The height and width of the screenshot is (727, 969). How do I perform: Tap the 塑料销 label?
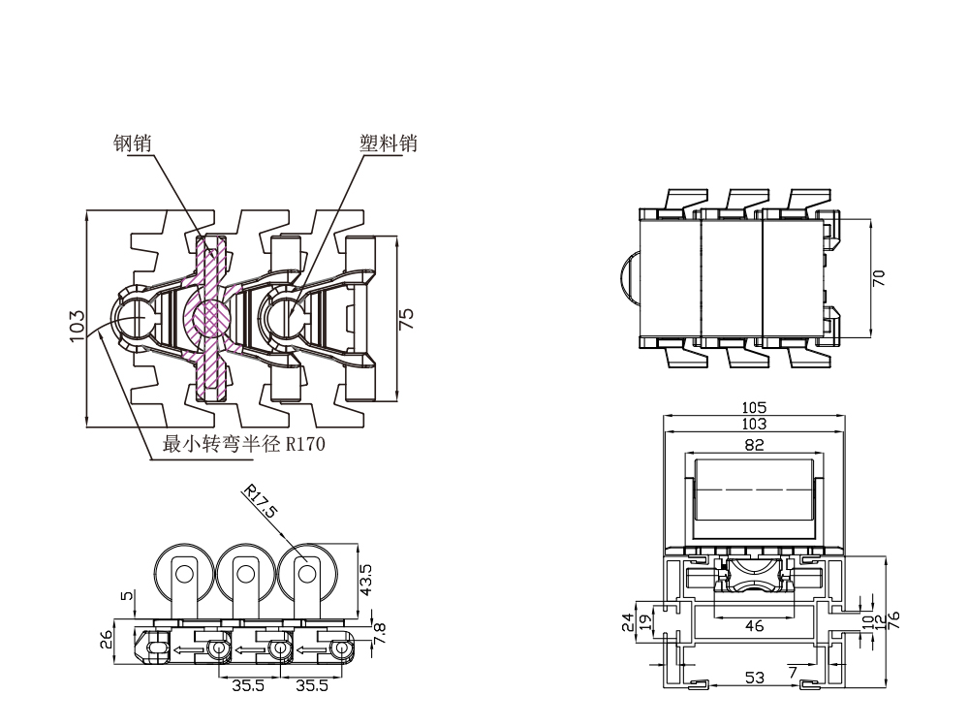tap(388, 143)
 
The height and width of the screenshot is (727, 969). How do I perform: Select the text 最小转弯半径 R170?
tap(243, 446)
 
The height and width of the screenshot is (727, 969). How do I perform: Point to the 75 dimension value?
tap(408, 319)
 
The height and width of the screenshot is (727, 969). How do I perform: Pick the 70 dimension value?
tap(879, 277)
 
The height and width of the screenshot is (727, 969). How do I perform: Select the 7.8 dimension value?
tap(379, 634)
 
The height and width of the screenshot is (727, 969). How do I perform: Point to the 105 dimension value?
tap(753, 408)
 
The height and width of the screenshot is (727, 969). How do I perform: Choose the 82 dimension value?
tap(755, 445)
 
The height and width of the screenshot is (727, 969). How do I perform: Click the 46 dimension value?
tap(755, 626)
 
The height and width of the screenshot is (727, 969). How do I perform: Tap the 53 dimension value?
tap(753, 678)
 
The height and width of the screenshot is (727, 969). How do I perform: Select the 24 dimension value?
tap(630, 621)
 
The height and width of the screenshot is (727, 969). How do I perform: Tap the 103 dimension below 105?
tap(753, 424)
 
